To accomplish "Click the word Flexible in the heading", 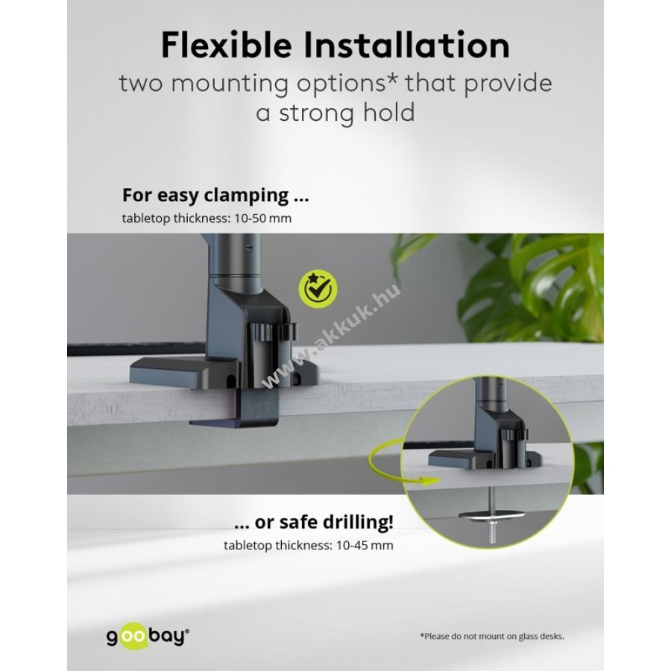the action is coord(227,45).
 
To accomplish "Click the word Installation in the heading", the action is coord(406,45).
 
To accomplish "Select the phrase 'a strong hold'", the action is coord(335,113).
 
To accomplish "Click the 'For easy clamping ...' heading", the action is coord(215,195).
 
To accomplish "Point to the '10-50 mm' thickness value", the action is coord(262,218).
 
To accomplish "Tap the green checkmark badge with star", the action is coord(318,289).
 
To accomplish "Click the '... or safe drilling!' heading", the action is coord(314,522).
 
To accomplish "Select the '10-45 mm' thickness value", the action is coord(365,546).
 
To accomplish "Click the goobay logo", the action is coord(147,637).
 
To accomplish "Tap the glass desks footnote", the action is coord(492,637).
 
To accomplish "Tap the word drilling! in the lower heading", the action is coord(358,522).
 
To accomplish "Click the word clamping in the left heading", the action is coord(246,196).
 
